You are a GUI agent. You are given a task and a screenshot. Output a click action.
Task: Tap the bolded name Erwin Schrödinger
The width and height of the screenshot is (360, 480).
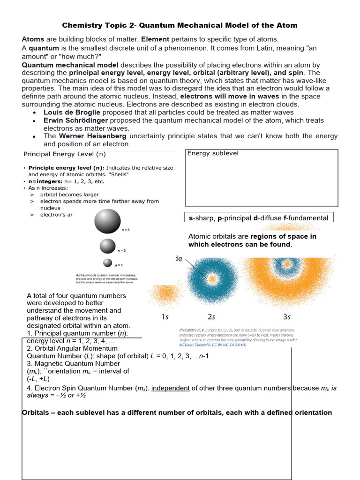click(x=75, y=120)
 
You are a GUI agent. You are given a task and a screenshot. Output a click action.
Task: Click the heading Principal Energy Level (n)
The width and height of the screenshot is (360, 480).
click(x=65, y=154)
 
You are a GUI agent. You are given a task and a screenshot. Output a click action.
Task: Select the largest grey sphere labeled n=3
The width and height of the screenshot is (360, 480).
click(x=107, y=221)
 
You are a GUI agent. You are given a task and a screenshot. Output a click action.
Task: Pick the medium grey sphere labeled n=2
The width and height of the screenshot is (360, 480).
click(x=107, y=246)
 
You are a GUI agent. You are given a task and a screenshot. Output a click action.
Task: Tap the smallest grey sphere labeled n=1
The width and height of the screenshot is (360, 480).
click(x=108, y=263)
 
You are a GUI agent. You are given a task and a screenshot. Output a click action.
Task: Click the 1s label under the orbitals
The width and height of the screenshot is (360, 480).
click(x=165, y=317)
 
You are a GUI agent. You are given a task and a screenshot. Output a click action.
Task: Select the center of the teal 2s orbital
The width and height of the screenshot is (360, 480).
click(x=212, y=278)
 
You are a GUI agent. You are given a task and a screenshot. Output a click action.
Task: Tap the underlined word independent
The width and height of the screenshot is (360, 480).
click(x=171, y=388)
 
